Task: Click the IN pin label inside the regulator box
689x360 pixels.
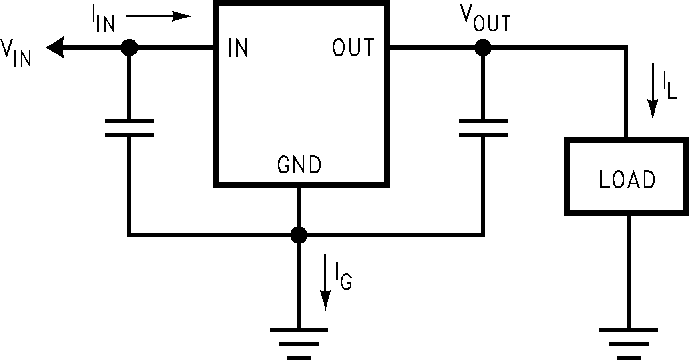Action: [238, 48]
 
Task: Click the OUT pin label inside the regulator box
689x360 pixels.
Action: [353, 47]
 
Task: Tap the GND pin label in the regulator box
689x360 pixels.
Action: [299, 165]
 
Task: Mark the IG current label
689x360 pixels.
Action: [343, 278]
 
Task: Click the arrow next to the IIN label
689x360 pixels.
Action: [159, 16]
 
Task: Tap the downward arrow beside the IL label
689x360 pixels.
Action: [653, 91]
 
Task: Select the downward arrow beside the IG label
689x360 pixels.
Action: [326, 282]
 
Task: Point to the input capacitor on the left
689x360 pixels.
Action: [129, 128]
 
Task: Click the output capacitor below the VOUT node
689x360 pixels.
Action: [483, 128]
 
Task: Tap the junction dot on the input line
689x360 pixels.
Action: [129, 48]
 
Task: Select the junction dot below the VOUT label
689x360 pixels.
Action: [483, 48]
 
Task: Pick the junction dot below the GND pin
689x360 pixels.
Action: [299, 235]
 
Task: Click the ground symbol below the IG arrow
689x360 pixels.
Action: [299, 344]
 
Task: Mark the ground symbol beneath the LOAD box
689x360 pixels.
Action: [628, 344]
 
